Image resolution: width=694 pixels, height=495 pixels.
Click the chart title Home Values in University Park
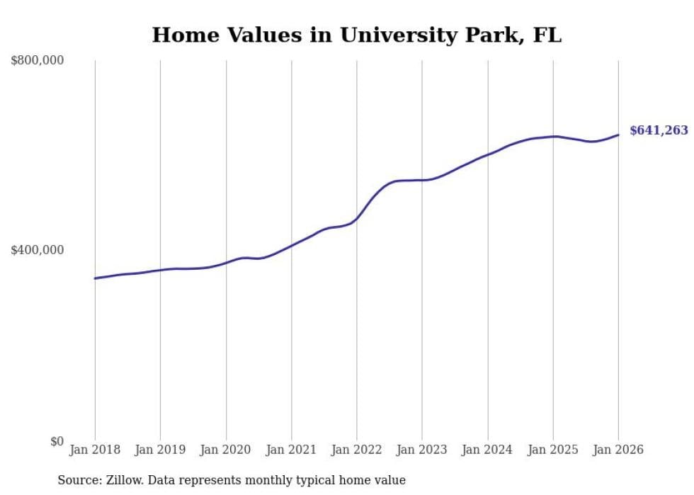coord(356,35)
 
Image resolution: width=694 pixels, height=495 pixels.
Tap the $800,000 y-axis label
coord(37,61)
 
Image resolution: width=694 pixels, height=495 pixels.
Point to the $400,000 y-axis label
coord(37,250)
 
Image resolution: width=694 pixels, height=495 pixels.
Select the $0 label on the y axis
coord(57,442)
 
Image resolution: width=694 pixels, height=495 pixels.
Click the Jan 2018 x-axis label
coord(95,450)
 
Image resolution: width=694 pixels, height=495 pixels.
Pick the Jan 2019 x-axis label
coord(160,450)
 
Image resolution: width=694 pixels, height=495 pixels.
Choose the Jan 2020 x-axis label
coord(226,450)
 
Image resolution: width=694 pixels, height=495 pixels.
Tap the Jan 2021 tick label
coord(291,450)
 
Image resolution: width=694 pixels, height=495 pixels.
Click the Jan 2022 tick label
coord(357,450)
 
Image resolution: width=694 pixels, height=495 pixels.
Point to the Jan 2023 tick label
coord(422,450)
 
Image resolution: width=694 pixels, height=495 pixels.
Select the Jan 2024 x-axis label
coord(487,450)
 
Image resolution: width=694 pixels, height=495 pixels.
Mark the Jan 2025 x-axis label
coord(553,450)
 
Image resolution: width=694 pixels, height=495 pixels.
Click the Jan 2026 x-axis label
coord(618,450)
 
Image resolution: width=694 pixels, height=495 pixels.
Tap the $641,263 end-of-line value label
coord(659,130)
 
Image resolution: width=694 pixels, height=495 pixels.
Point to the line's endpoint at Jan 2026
coord(618,135)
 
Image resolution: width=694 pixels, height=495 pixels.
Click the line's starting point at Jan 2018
coord(95,278)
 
